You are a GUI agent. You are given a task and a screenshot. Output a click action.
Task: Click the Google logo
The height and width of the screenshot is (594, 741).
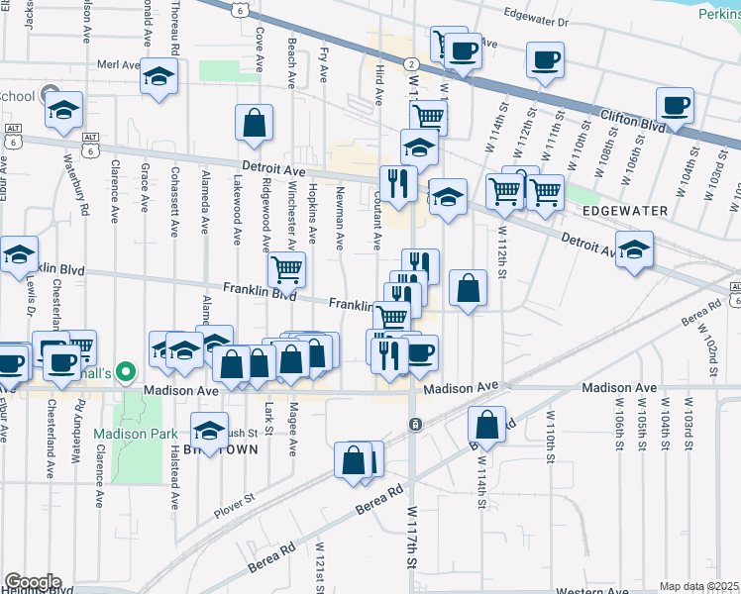tap(33, 582)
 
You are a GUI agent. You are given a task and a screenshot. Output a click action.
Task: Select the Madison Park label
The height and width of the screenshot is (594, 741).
tap(136, 434)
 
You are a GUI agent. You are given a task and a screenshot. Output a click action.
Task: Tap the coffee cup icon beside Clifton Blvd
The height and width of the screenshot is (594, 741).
tap(675, 105)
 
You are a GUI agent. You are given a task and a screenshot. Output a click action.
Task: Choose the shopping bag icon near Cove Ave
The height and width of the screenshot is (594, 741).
tap(255, 123)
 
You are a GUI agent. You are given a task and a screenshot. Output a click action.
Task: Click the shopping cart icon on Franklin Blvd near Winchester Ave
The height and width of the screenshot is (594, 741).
tap(286, 268)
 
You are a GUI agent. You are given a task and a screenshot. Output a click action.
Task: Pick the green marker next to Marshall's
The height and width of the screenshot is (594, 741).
tap(125, 372)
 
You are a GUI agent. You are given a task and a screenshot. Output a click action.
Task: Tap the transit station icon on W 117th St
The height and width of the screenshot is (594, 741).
tap(414, 424)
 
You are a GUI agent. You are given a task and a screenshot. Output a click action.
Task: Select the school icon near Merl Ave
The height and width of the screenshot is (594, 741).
tap(159, 76)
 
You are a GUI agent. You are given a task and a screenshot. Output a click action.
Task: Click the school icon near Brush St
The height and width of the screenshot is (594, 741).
tap(209, 431)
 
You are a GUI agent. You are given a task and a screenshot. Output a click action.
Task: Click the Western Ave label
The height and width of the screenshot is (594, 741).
tap(592, 591)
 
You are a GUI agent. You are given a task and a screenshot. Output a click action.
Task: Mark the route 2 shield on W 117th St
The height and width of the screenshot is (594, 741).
tap(410, 63)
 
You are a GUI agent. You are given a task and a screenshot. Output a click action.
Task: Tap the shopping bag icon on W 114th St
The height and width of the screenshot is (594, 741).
tap(488, 426)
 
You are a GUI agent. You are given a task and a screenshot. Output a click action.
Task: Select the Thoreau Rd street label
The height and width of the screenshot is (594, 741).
tap(174, 30)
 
